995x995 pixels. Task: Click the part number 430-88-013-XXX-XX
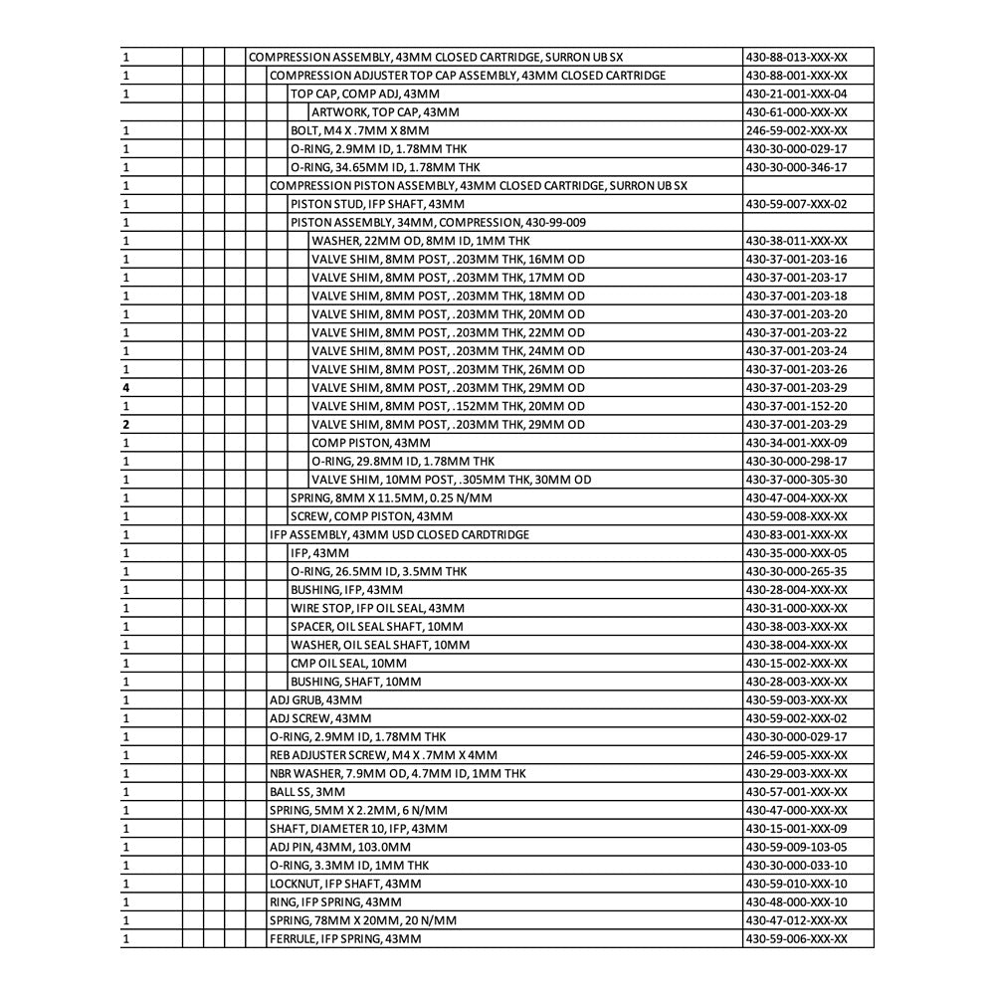click(796, 57)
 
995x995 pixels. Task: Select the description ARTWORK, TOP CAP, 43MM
click(385, 112)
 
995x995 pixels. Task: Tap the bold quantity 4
click(126, 388)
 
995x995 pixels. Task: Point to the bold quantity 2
click(126, 425)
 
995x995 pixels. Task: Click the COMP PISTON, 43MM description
click(371, 443)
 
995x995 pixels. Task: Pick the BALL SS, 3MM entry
click(307, 792)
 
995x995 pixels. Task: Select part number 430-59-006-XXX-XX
click(796, 939)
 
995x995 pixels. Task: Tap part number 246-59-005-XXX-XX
click(796, 755)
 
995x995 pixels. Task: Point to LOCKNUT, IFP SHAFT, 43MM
click(345, 884)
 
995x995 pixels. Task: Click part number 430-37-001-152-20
click(796, 406)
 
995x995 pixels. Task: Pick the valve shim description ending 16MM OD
click(448, 259)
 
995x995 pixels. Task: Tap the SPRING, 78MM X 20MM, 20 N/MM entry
click(363, 920)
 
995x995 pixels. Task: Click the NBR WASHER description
click(398, 774)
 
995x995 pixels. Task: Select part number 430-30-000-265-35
click(796, 571)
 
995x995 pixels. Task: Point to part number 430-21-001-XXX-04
click(796, 94)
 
